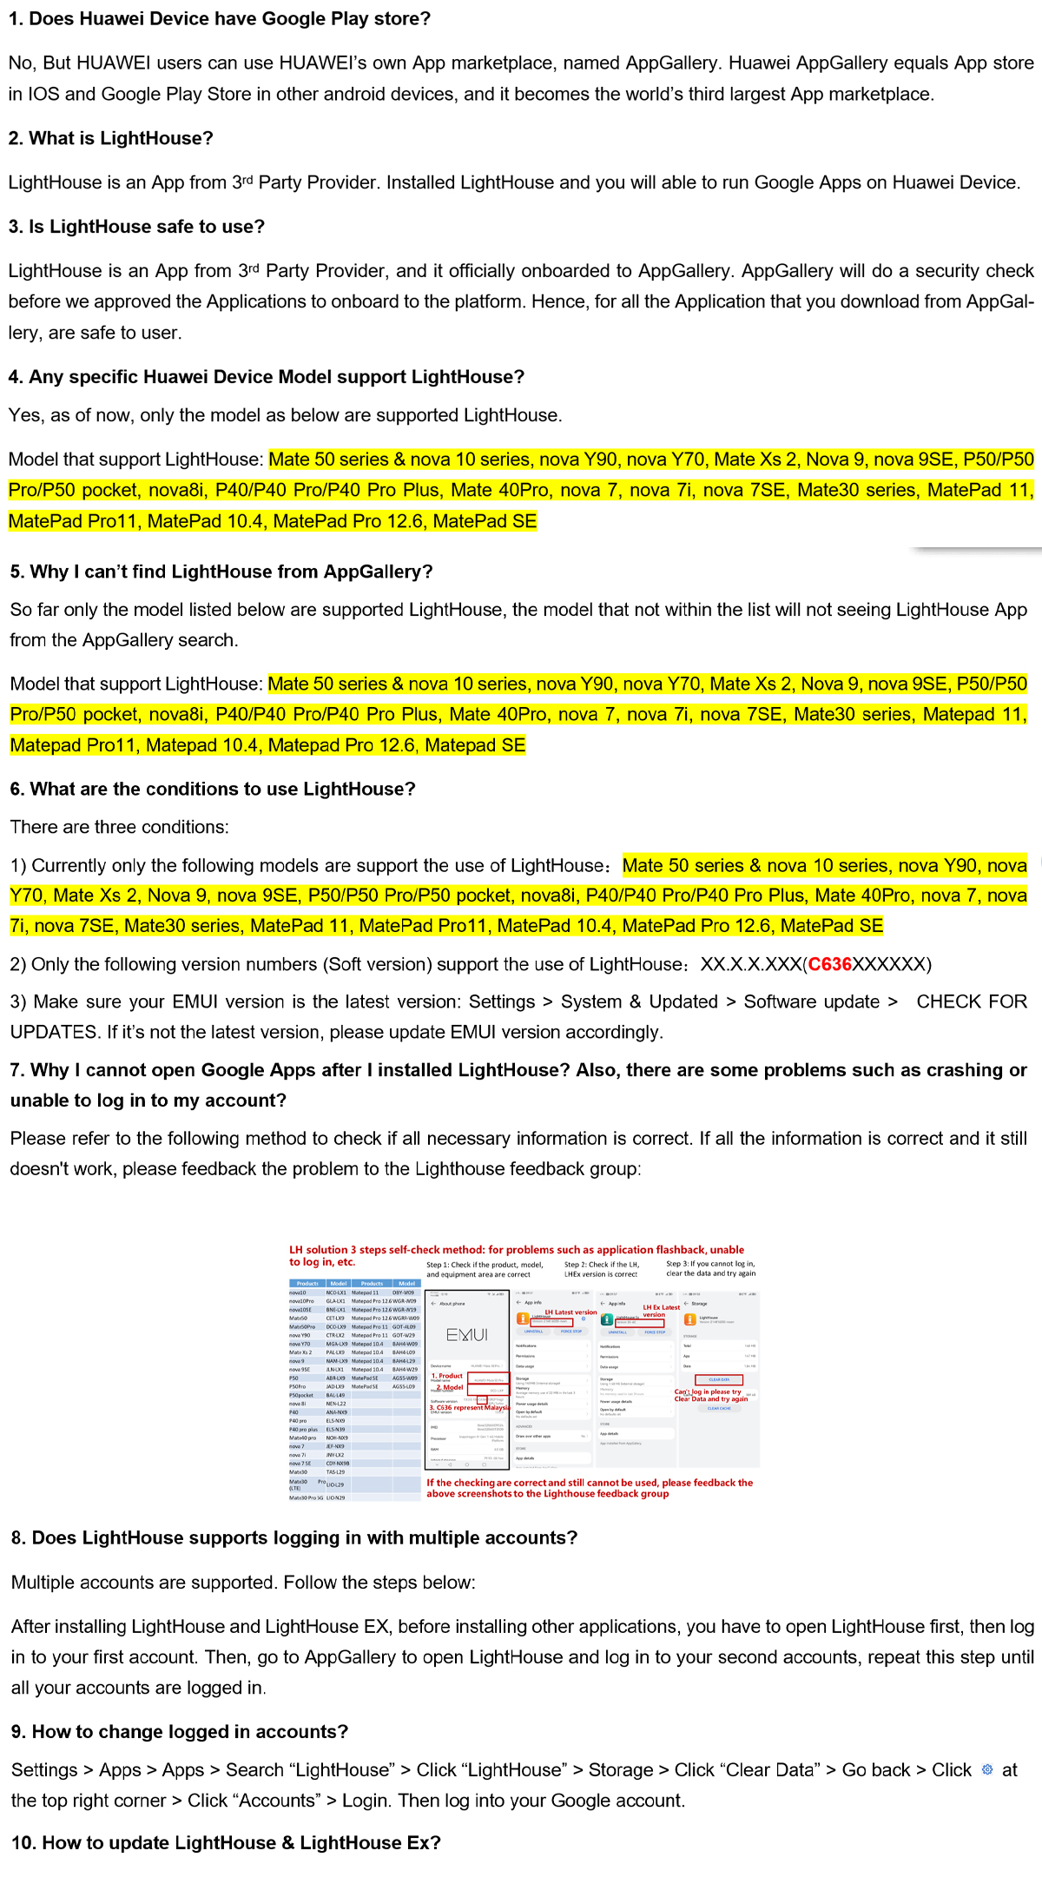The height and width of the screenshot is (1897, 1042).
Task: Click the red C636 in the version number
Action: coord(829,964)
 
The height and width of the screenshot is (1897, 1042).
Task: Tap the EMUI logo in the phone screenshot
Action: coord(466,1335)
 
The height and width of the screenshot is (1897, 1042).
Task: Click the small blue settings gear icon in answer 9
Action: coord(987,1769)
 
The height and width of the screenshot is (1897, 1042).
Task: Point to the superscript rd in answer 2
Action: coord(247,180)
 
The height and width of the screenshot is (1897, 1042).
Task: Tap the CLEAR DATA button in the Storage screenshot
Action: coord(719,1379)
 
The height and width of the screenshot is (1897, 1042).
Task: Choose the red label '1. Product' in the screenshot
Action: coord(447,1376)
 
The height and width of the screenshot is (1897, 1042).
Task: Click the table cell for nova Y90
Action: coord(300,1336)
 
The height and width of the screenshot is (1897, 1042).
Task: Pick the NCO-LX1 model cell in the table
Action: coord(336,1292)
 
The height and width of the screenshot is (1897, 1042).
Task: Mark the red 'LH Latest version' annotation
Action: coord(570,1312)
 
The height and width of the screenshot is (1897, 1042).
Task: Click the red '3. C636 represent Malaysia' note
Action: coord(470,1408)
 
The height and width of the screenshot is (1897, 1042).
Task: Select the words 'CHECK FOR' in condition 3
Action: coord(972,1001)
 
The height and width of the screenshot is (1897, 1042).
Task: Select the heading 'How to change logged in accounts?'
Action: coord(189,1731)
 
